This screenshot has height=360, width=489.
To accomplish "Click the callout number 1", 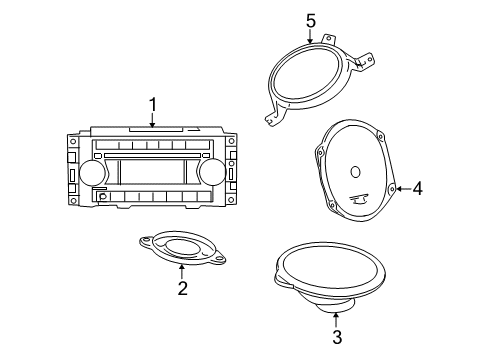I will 153,103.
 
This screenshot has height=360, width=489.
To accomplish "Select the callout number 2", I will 181,288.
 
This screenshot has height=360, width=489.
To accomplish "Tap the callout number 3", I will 336,337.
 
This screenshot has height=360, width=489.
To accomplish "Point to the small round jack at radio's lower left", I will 103,197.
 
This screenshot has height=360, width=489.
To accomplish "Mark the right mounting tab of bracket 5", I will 369,63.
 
